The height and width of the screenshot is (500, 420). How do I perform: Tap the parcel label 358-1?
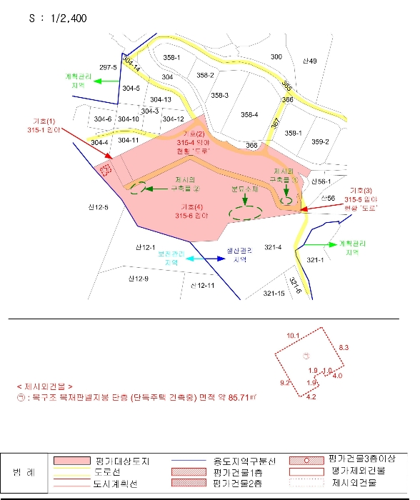point(172,57)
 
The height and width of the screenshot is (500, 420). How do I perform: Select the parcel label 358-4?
point(249,114)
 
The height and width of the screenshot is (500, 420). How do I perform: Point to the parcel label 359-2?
point(320,141)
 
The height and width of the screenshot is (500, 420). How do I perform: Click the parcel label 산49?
point(309,61)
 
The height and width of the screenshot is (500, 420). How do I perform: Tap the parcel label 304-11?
point(129,140)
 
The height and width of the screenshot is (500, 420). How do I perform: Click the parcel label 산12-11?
point(202,285)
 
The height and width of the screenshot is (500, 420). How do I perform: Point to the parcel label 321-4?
point(274,247)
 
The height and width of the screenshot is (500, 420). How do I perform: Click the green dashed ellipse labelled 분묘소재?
point(245,211)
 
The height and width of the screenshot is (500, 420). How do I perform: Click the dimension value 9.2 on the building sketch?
point(284,384)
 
